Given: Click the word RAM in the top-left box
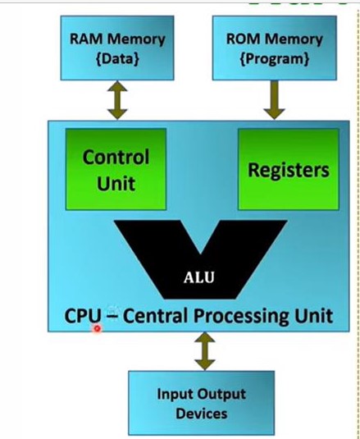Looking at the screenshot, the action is point(86,39).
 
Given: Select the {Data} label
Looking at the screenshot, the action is point(117,58).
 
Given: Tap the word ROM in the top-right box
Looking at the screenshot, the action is point(243,39).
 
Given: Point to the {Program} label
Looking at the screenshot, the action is point(275,59).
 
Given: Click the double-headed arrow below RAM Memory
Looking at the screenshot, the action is point(117,100).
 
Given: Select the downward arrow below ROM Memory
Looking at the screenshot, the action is point(275,100).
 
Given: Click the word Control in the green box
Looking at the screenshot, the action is point(116,157).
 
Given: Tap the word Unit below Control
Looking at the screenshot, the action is point(116,183).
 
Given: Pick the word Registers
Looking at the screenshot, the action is point(289,171).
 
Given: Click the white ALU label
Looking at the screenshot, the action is point(199,277).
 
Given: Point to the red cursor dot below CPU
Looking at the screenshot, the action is point(97,329).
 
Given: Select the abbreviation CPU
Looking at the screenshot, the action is point(83,316).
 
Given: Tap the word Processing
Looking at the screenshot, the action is point(242,317).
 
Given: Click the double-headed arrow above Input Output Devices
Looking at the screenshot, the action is point(205,351).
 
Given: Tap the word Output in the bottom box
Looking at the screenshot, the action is point(221,395).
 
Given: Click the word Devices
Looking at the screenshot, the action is point(202,414).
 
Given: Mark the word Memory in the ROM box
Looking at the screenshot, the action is point(294,39).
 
